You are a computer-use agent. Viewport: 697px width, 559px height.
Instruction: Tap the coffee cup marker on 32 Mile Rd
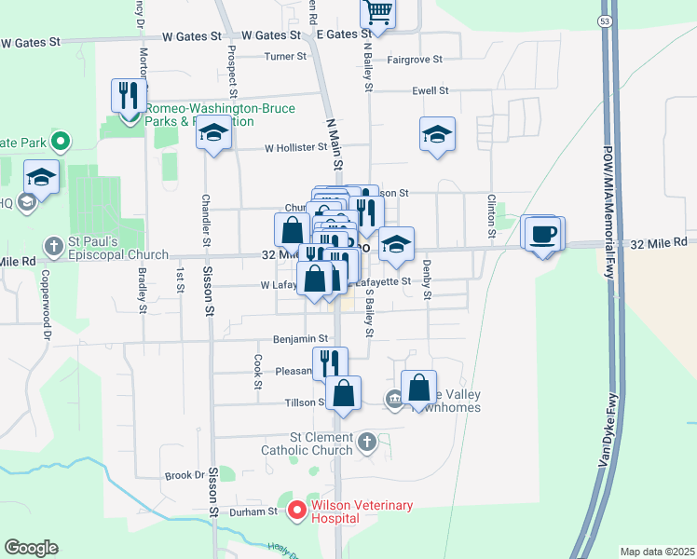541,234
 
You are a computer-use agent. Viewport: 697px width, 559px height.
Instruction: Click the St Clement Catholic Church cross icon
367,441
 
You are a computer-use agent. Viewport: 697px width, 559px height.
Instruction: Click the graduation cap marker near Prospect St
213,135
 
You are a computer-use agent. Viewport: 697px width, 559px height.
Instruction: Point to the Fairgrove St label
415,60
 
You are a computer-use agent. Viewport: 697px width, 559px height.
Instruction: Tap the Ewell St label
430,91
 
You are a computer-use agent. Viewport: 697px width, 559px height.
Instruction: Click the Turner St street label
285,57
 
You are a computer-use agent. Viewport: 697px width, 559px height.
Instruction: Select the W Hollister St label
295,147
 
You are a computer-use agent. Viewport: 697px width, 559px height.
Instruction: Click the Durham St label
260,511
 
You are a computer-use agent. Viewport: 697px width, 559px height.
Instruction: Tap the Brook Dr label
184,475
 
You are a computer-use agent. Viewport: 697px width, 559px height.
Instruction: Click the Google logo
31,548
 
